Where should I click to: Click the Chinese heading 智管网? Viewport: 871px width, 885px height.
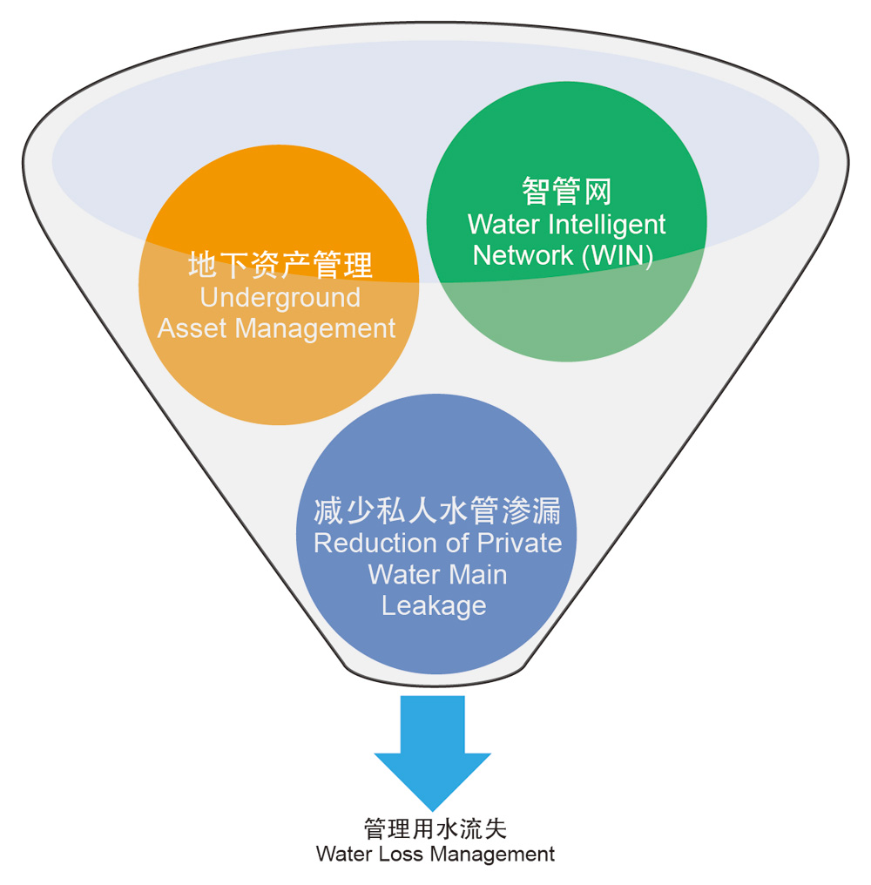tap(566, 190)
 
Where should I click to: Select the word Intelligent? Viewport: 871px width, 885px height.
tap(606, 225)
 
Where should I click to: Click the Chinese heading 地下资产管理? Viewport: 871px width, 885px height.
tap(280, 264)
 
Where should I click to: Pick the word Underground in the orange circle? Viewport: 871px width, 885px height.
tap(280, 297)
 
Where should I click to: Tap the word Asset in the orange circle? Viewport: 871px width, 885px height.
tap(193, 328)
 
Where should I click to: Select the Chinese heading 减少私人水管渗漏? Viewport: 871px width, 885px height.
tap(437, 511)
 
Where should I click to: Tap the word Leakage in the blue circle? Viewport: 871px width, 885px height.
tap(434, 605)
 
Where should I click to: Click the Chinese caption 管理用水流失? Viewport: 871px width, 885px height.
tap(435, 828)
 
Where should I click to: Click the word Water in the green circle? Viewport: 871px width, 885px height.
tap(503, 225)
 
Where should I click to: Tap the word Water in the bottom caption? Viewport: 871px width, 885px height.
tap(343, 854)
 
